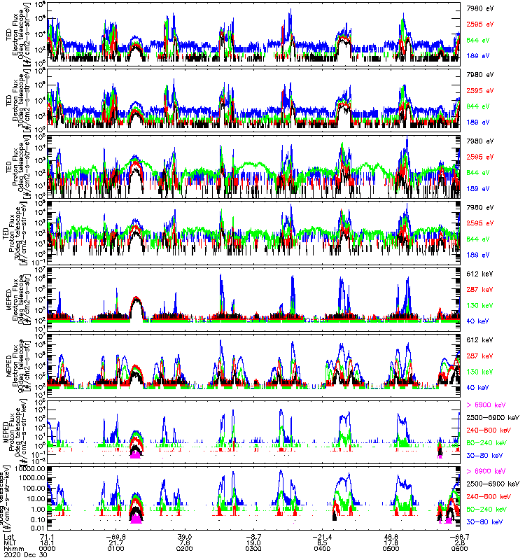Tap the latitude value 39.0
(x=185, y=535)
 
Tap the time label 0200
(x=185, y=548)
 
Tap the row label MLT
(x=9, y=542)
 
